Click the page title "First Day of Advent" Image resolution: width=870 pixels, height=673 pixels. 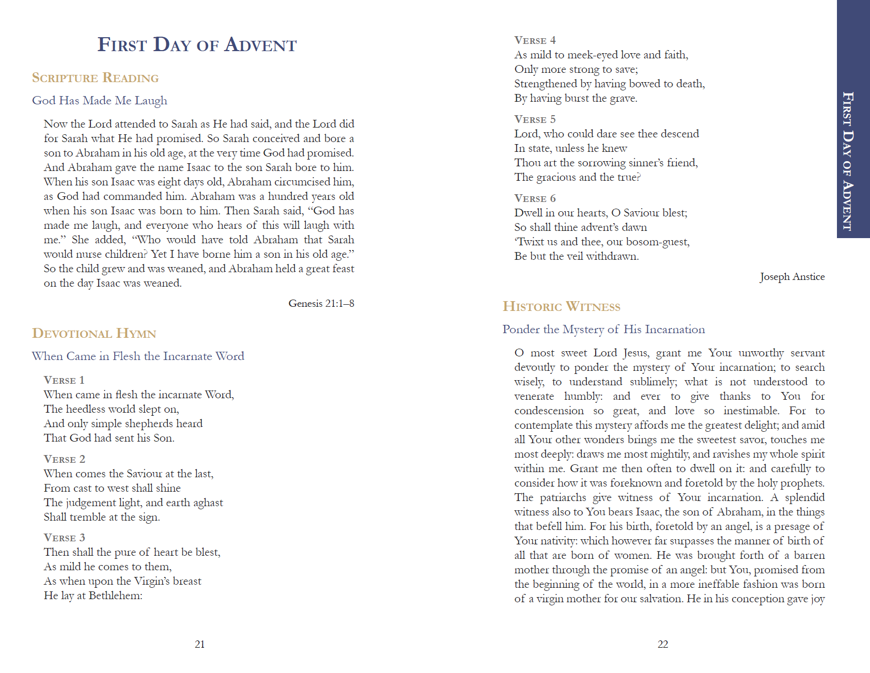coord(197,45)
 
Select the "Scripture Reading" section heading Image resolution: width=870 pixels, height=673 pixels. coord(95,78)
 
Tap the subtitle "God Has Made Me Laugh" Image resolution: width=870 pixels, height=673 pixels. coord(100,101)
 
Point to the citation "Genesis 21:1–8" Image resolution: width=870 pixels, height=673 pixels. coord(321,304)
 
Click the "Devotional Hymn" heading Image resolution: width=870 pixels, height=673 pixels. coord(94,334)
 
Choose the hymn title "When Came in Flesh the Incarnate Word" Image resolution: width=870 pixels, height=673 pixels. coord(138,356)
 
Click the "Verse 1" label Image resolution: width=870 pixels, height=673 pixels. coord(64,380)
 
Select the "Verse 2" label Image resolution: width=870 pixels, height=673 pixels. coord(64,459)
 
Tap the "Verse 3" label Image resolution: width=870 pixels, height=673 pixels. coord(64,538)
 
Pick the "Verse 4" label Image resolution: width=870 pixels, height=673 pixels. coord(535,40)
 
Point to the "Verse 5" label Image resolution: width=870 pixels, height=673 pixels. coord(535,119)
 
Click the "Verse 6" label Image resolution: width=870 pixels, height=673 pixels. coord(535,198)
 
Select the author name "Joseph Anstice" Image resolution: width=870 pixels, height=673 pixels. coord(792,277)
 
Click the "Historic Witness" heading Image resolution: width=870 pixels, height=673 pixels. coord(562,307)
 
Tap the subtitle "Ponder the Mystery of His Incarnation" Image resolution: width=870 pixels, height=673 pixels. coord(603,330)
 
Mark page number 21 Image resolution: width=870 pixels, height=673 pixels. coord(200,644)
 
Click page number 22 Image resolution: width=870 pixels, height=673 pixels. coord(663,644)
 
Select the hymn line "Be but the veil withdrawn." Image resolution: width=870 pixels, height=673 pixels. coord(576,256)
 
